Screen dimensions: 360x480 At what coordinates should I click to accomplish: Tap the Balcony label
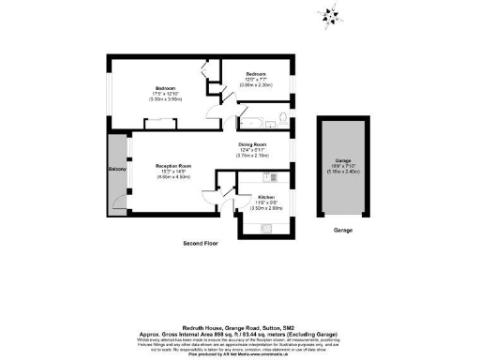(x=117, y=169)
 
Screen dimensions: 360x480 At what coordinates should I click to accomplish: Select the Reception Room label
(x=173, y=165)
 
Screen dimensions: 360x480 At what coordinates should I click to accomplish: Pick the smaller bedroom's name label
(x=257, y=73)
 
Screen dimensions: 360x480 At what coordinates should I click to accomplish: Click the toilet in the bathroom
(x=280, y=118)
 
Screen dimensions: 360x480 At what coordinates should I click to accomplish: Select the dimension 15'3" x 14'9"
(x=173, y=171)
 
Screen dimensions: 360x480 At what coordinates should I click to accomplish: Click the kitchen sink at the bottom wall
(x=267, y=227)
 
